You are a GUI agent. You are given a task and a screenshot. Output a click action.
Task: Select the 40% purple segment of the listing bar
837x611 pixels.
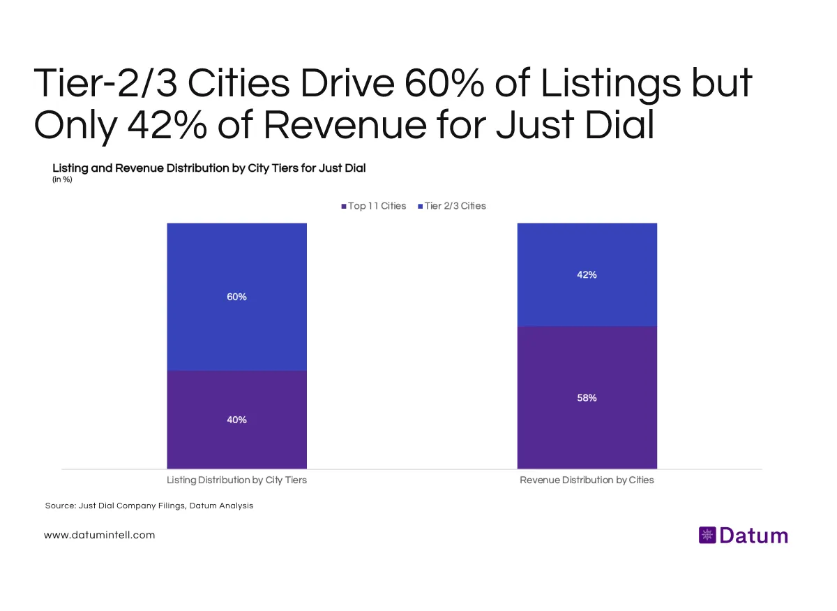236,440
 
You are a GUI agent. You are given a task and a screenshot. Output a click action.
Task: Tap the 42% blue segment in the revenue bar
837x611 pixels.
587,300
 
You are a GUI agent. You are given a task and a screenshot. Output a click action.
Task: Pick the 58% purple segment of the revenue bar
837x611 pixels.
587,426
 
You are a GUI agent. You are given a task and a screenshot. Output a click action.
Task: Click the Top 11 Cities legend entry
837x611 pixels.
373,206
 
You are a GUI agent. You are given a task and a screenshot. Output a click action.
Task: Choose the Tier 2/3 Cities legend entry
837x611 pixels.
451,206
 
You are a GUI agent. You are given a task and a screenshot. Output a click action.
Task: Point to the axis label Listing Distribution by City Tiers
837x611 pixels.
236,480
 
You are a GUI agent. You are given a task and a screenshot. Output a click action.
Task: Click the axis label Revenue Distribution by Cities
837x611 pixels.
587,480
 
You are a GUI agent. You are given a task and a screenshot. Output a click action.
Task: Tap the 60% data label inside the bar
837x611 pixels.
236,297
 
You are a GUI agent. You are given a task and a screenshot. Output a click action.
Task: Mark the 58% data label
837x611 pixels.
587,398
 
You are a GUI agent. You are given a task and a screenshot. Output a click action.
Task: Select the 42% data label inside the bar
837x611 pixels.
587,275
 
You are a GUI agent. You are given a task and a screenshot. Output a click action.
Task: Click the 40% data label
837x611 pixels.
236,420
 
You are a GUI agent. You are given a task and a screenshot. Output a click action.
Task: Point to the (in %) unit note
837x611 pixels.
62,179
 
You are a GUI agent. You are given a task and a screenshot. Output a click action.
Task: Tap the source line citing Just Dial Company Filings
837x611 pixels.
149,506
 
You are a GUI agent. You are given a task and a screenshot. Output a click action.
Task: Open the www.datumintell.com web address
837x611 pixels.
99,535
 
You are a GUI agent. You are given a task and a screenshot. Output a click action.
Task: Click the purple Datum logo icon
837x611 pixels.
707,536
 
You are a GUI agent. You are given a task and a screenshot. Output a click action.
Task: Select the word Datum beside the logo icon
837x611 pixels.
753,536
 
